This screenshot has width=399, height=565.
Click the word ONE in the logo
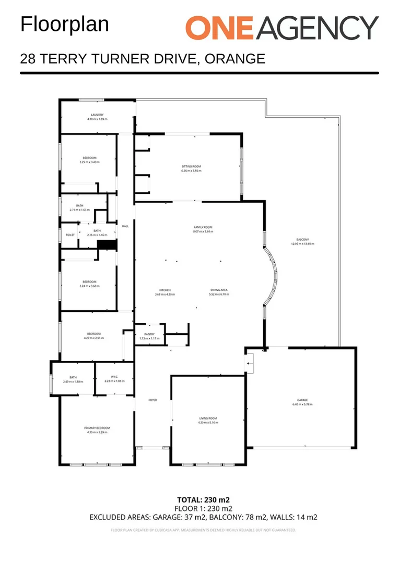(x=220, y=28)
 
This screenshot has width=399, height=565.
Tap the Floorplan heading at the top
(x=65, y=24)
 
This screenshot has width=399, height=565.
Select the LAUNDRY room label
(x=97, y=115)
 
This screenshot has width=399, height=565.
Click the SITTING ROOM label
(x=191, y=166)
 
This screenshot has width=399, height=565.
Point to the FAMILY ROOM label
(x=203, y=227)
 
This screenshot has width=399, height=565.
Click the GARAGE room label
(x=302, y=400)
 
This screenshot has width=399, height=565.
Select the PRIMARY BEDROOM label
(x=97, y=428)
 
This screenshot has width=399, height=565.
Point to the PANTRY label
(x=150, y=334)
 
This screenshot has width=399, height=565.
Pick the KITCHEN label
(x=165, y=290)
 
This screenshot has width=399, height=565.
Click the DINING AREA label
(x=219, y=290)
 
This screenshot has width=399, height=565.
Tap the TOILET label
(x=71, y=235)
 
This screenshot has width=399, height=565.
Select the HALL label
(x=125, y=226)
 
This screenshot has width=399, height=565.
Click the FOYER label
(x=152, y=400)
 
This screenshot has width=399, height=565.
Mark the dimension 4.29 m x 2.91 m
(x=93, y=338)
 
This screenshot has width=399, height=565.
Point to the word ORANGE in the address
(x=235, y=58)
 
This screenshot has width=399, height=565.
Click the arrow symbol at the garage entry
(x=250, y=360)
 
